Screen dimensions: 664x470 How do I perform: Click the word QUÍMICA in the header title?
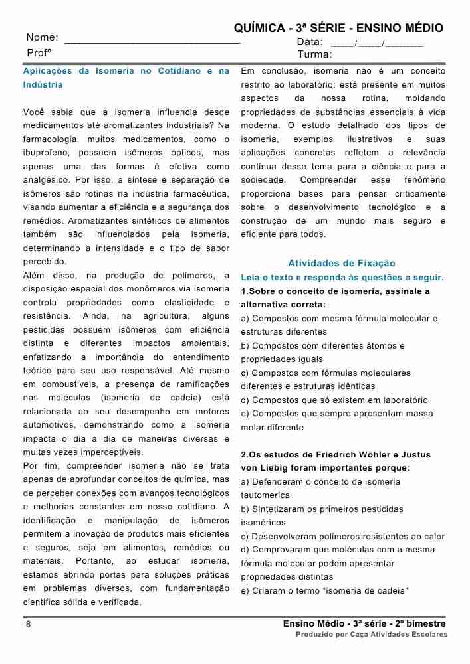259,28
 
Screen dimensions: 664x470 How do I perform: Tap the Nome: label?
42,38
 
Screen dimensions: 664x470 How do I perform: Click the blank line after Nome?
152,41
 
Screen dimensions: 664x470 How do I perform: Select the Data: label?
310,42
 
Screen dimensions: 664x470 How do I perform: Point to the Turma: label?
314,54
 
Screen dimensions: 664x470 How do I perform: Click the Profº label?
39,52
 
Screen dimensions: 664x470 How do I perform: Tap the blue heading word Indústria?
43,85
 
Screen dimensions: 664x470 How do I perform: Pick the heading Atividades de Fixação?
341,263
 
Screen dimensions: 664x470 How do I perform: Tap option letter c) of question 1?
245,373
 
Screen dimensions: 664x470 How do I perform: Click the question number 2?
243,455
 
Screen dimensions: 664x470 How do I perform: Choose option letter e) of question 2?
245,591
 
